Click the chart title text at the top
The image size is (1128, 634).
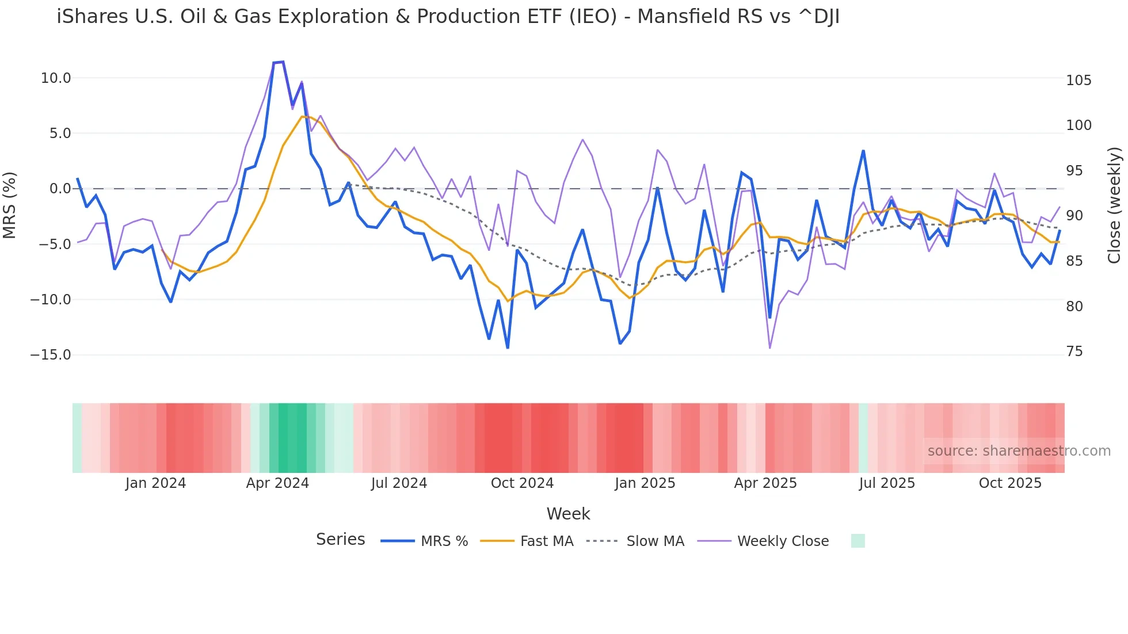[x=448, y=17]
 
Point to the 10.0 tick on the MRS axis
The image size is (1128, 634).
[x=56, y=78]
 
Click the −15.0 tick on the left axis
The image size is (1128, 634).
[x=51, y=355]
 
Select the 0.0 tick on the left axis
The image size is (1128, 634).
[x=60, y=189]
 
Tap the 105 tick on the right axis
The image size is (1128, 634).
[x=1079, y=81]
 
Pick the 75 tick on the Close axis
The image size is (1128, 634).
[x=1074, y=352]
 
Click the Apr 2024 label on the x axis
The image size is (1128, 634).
[x=277, y=483]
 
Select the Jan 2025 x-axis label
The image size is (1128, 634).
[x=645, y=483]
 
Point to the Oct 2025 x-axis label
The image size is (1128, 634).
[x=1010, y=483]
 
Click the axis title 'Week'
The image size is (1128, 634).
[x=568, y=514]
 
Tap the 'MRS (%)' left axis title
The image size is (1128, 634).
[x=9, y=205]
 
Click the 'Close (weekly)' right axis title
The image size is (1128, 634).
[x=1114, y=205]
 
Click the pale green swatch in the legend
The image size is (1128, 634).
[x=858, y=541]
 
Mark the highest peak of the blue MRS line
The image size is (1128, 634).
[x=283, y=62]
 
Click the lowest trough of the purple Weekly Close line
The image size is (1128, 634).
[x=770, y=347]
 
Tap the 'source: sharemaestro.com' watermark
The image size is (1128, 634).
[x=1019, y=451]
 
